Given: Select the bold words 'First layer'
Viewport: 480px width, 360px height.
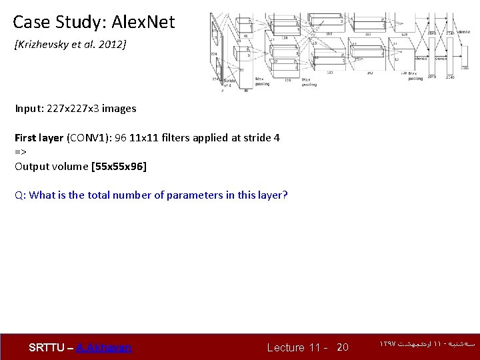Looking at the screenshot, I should (x=39, y=138).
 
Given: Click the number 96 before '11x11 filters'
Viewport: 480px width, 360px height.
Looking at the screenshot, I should (x=121, y=138).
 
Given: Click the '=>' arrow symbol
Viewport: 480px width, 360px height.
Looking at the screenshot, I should (x=20, y=152).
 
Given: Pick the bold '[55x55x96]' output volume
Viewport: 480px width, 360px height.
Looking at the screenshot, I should (x=119, y=166).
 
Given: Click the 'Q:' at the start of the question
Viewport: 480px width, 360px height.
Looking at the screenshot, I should (x=20, y=195).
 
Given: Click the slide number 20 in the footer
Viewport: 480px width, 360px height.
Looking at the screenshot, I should (x=342, y=347).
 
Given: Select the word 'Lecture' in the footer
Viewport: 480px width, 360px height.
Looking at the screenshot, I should (x=285, y=347).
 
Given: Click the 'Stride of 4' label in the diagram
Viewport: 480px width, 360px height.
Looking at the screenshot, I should (x=228, y=82).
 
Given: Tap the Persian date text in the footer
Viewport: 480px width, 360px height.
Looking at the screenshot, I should (x=427, y=345).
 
